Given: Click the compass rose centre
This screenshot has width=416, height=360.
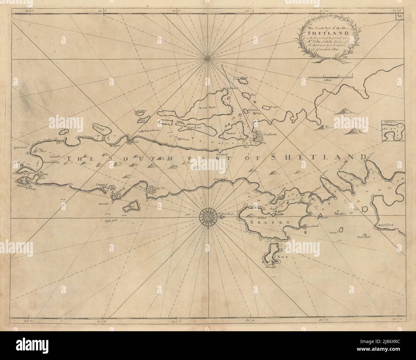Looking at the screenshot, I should tap(208, 217).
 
